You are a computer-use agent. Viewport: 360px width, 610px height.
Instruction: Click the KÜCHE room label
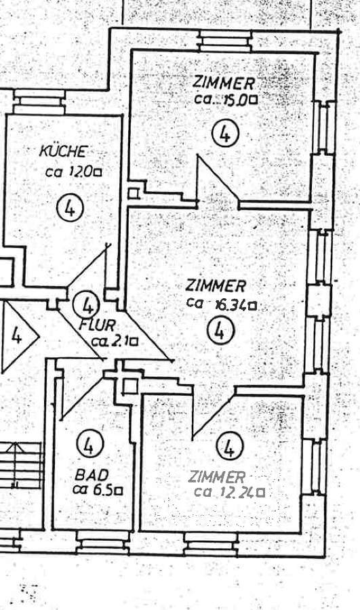(x=62, y=151)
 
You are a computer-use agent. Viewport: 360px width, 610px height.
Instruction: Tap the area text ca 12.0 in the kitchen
(x=73, y=171)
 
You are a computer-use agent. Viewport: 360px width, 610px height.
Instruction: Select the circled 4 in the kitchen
(x=70, y=209)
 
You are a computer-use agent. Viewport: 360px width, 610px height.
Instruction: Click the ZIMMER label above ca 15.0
(x=224, y=83)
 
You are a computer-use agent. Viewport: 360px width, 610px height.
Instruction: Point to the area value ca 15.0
(x=226, y=100)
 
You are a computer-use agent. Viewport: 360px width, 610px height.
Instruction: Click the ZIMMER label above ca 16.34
(x=215, y=286)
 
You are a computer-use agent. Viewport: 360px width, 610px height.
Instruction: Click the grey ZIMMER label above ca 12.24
(x=217, y=476)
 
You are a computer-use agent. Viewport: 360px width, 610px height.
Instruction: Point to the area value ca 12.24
(x=229, y=493)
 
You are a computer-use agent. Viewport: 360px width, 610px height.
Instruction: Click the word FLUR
(x=96, y=325)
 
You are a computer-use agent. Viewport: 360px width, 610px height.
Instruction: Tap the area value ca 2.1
(x=115, y=342)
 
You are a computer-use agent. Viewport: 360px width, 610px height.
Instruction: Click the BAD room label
(x=92, y=474)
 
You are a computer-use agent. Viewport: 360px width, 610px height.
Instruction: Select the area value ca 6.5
(x=98, y=489)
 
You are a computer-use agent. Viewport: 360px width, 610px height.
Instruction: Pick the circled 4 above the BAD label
(x=90, y=444)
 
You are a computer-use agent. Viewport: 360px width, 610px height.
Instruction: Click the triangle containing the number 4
(x=20, y=337)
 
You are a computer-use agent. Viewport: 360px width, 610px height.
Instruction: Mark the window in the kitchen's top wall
(x=39, y=102)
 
